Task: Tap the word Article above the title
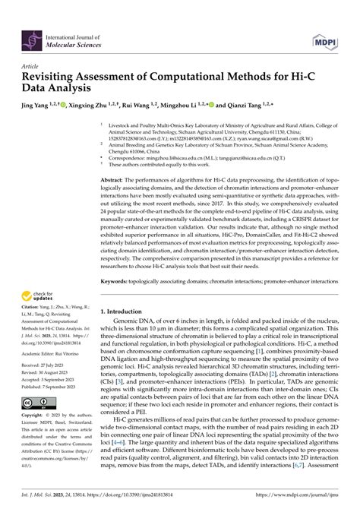pyautogui.click(x=33, y=66)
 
